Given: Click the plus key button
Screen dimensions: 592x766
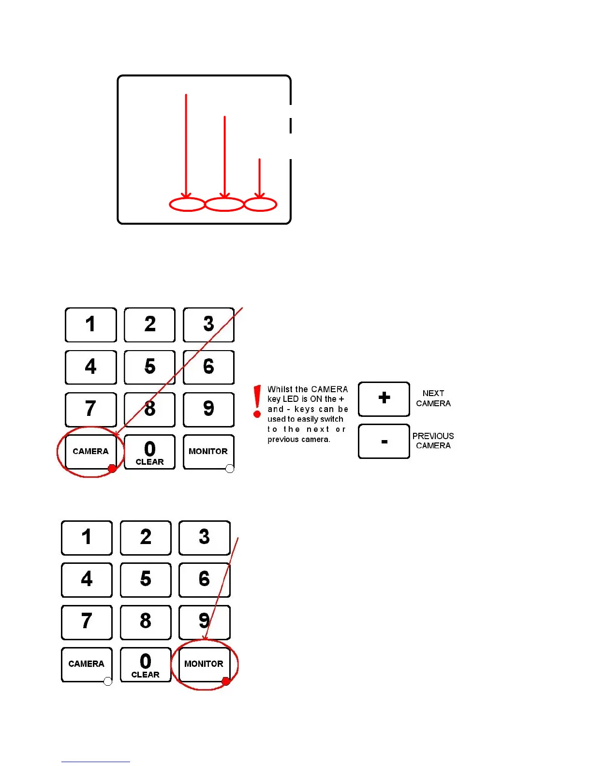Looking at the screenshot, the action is coord(384,398).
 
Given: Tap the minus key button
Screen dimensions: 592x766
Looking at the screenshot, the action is coord(384,441).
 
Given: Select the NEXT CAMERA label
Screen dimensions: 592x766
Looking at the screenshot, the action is coord(433,398).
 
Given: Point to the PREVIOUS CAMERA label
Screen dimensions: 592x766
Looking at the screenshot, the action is coord(433,441).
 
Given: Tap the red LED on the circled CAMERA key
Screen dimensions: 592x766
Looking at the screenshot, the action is coord(112,468).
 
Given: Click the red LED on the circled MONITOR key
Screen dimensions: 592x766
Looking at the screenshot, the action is coord(225,681).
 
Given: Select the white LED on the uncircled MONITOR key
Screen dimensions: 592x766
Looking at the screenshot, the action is coord(230,468).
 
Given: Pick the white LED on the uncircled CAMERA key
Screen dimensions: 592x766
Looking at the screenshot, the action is coord(108,681).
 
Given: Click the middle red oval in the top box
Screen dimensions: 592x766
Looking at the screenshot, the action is coord(224,205).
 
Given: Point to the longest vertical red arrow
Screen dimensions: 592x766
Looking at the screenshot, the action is coord(186,145).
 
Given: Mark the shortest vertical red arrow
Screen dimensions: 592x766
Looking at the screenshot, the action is coord(260,178).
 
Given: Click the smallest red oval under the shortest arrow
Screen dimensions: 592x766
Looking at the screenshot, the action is coord(260,205).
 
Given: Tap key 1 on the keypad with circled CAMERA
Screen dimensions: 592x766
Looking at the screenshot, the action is coord(90,324).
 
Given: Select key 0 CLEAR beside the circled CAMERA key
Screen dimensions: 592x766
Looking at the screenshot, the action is coord(150,452).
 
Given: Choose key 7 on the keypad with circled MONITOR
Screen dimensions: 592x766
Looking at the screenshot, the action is coord(87,622).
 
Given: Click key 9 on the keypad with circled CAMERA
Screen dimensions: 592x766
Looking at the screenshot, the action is coord(208,409).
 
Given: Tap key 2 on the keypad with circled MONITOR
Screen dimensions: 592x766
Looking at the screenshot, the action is coord(146,537).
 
